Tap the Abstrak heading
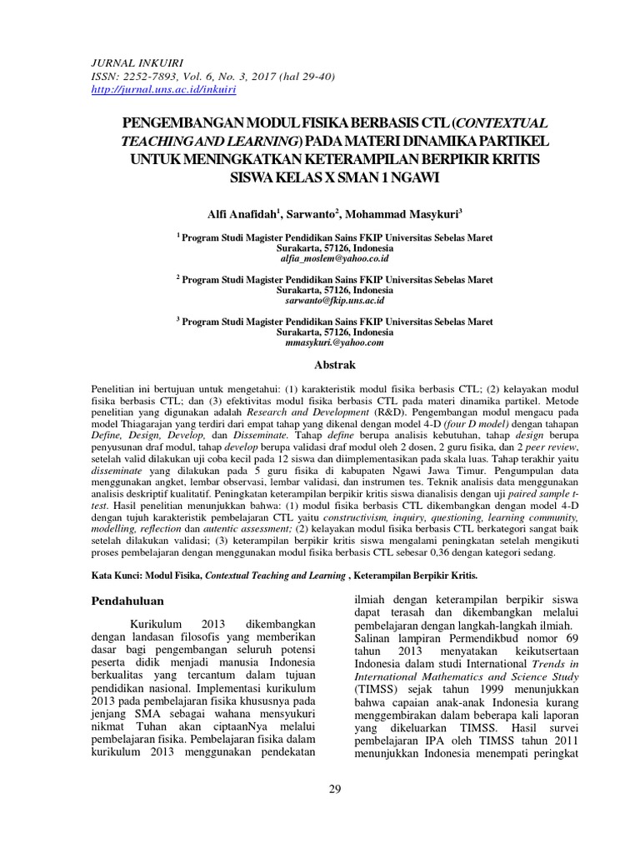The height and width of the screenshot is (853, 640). click(x=334, y=365)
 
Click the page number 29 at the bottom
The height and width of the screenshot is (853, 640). click(x=335, y=791)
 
